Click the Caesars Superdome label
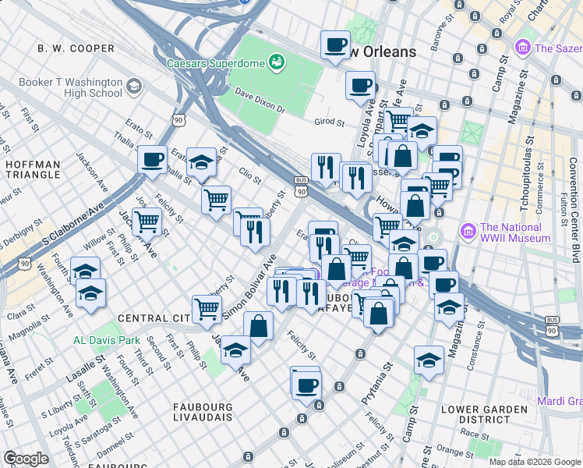click(x=221, y=61)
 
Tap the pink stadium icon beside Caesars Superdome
click(x=276, y=61)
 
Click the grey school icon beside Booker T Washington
click(x=133, y=86)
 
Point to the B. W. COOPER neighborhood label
click(x=76, y=48)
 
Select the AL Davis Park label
click(x=106, y=340)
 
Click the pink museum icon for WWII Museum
click(x=468, y=232)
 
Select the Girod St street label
click(x=329, y=122)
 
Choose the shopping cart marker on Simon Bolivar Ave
click(x=207, y=308)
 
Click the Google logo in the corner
click(x=26, y=459)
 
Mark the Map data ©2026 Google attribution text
click(x=534, y=462)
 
